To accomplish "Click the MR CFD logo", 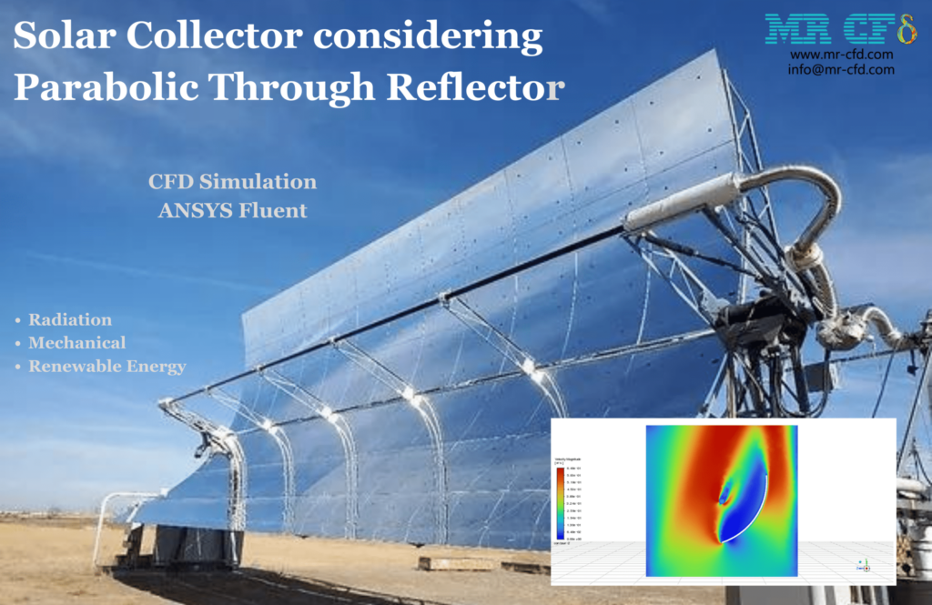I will [x=839, y=30].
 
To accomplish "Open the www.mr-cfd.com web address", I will [x=841, y=55].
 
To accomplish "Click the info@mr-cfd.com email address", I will [x=841, y=69].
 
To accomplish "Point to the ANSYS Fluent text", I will [x=233, y=211].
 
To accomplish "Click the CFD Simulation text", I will [x=233, y=182].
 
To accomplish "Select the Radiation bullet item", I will [x=70, y=320].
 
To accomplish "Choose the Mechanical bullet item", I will [x=77, y=343].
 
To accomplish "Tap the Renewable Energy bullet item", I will [x=106, y=367].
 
